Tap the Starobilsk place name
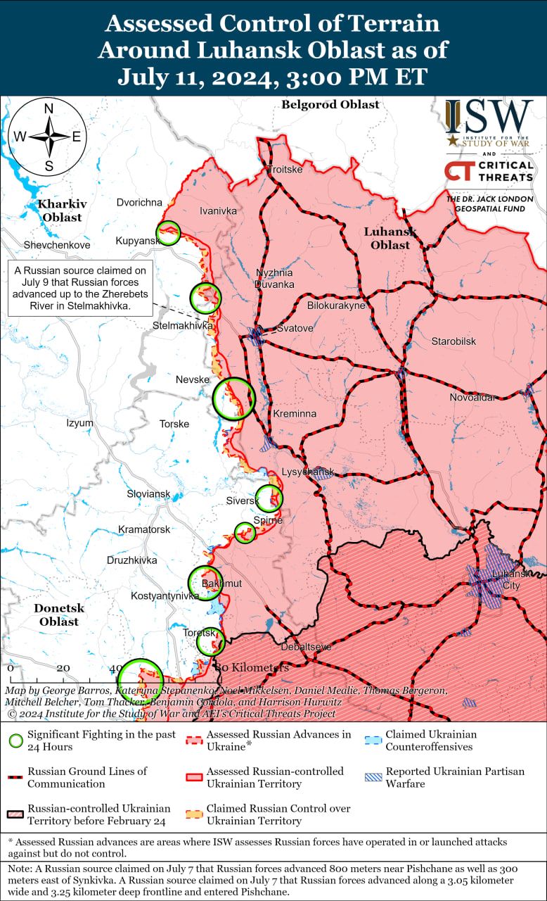point(453,341)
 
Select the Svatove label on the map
point(295,328)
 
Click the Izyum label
point(79,423)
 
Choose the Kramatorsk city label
point(144,529)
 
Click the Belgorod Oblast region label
point(330,105)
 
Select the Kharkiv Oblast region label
point(63,210)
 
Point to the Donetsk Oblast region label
point(59,615)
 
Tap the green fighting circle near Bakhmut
point(205,583)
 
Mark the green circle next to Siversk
point(269,498)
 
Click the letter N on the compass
point(49,108)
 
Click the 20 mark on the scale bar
point(63,668)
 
